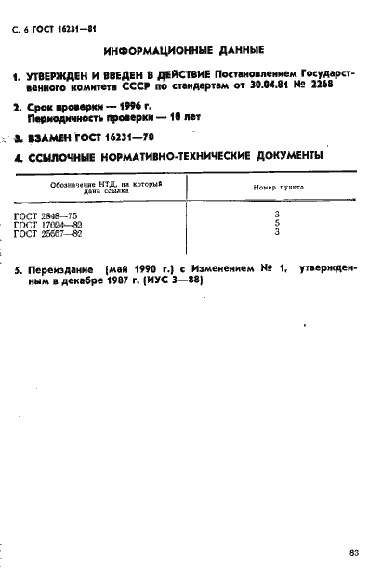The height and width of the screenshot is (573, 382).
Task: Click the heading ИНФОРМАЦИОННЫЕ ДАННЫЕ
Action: click(184, 49)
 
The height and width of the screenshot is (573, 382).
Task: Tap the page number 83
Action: click(354, 553)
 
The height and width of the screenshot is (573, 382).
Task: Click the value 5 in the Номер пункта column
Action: click(277, 224)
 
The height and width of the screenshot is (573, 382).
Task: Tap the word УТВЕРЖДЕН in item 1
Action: click(62, 73)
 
